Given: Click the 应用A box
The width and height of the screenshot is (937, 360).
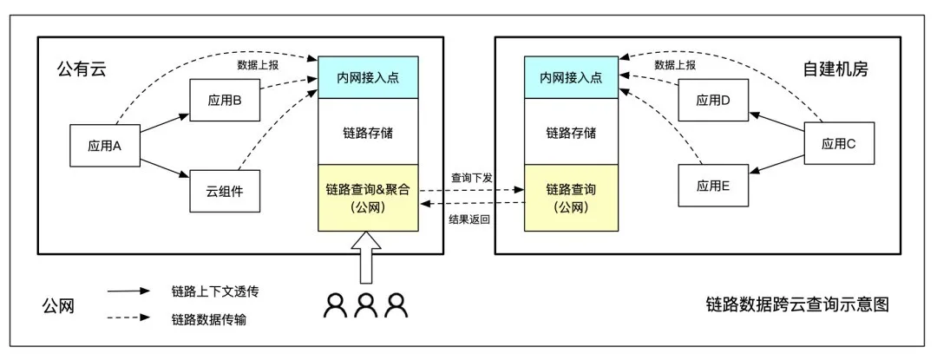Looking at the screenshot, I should pyautogui.click(x=104, y=145).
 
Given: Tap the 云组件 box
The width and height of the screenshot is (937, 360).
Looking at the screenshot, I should pyautogui.click(x=225, y=191).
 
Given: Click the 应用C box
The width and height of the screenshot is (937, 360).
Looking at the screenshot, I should pyautogui.click(x=839, y=144).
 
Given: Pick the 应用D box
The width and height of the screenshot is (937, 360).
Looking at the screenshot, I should pyautogui.click(x=713, y=101).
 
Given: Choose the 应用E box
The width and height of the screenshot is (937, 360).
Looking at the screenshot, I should pyautogui.click(x=713, y=186).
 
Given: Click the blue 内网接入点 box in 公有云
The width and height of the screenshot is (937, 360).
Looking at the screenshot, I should pyautogui.click(x=369, y=77).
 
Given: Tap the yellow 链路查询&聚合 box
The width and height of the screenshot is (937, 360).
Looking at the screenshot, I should pyautogui.click(x=369, y=198).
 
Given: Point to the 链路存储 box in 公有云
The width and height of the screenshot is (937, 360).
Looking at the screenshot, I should pyautogui.click(x=369, y=133).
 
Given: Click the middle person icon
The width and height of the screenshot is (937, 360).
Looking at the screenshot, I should pyautogui.click(x=366, y=304).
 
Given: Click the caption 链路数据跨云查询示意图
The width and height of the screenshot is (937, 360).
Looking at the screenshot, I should pyautogui.click(x=797, y=304).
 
